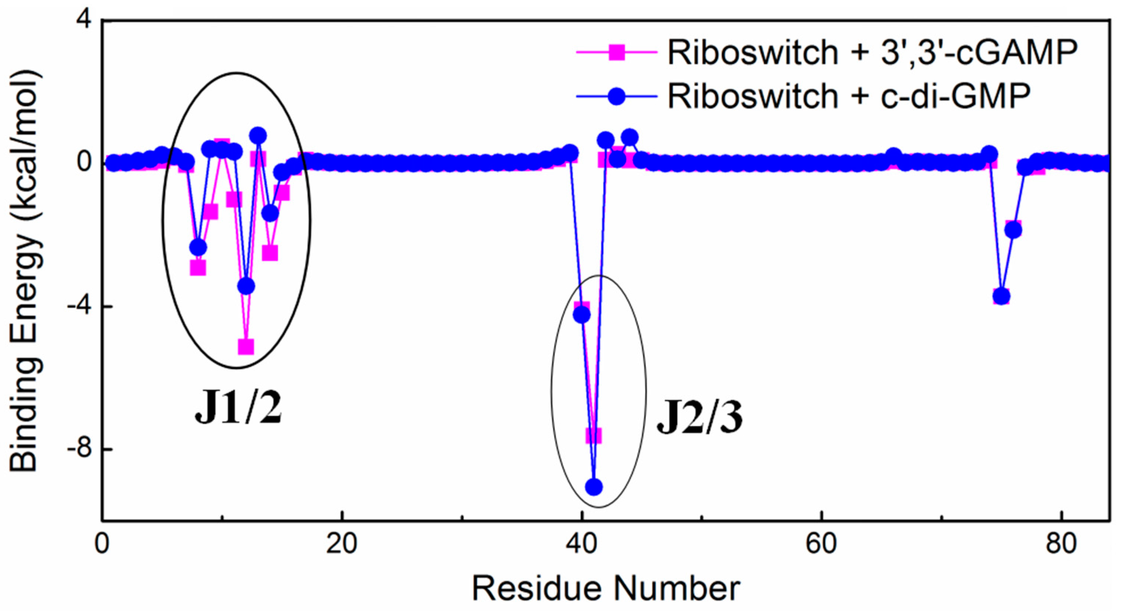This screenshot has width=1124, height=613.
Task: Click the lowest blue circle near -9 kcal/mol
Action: point(593,487)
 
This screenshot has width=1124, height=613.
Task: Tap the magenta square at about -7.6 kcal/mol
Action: point(593,435)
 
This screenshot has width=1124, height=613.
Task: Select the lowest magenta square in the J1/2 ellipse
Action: point(247,347)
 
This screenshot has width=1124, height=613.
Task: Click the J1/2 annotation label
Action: point(238,411)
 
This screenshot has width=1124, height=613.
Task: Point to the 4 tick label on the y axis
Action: point(84,21)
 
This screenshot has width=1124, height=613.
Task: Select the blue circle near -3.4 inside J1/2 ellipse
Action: point(247,286)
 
